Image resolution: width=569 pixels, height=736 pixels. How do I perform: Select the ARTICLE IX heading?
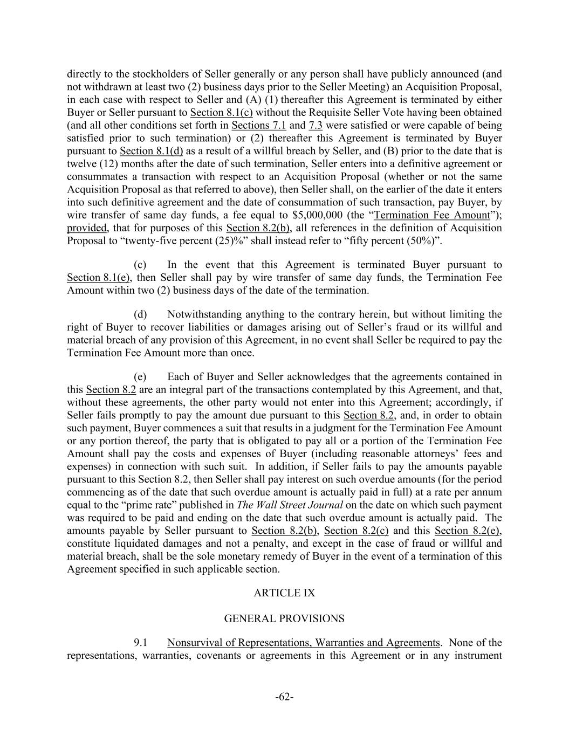(x=284, y=593)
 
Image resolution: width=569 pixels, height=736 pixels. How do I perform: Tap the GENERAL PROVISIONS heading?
(x=284, y=618)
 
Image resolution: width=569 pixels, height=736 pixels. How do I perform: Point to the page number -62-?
(x=284, y=697)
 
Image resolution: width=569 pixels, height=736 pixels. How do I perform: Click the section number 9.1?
(x=141, y=643)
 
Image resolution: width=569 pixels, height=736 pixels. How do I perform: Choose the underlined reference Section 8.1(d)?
(x=152, y=151)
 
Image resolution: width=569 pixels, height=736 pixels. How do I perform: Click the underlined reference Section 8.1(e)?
(x=99, y=278)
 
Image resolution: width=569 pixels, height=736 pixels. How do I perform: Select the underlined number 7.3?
(x=316, y=126)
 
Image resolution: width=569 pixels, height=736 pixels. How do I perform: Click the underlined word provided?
(x=86, y=228)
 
